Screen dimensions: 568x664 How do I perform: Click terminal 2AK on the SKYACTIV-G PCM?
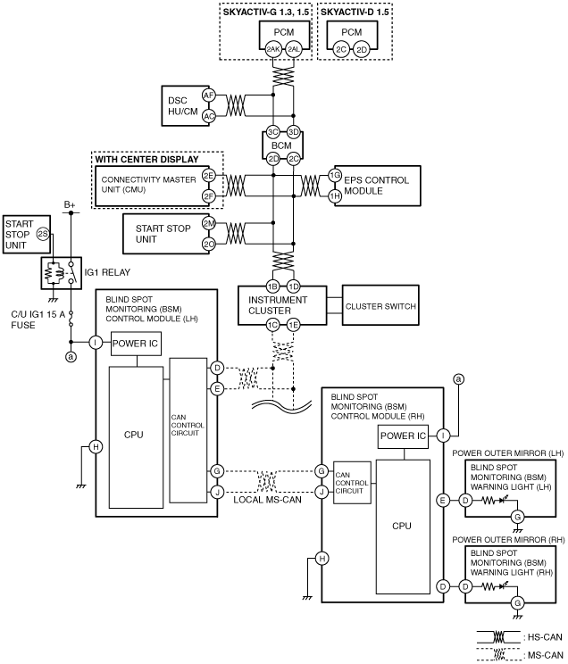273,50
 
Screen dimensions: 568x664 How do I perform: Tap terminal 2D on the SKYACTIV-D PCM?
362,50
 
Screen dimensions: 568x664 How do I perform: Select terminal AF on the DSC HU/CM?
208,95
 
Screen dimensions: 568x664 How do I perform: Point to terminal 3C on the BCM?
273,132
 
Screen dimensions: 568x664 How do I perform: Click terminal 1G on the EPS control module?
335,175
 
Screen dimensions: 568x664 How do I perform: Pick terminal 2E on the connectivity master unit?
209,175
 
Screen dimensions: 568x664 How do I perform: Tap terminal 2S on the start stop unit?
43,233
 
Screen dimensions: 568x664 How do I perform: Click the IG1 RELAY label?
107,272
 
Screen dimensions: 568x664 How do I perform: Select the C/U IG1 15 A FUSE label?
38,320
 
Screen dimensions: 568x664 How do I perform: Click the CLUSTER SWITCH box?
380,305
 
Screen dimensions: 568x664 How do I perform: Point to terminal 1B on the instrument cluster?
273,286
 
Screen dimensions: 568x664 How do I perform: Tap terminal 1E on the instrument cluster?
293,325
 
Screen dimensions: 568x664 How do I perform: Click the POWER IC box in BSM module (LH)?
136,344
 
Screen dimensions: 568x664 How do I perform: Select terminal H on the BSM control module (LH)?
96,446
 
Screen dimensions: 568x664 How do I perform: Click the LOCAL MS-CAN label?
267,500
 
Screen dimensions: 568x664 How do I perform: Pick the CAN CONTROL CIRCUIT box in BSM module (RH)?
352,482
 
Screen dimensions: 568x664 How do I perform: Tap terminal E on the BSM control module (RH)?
443,501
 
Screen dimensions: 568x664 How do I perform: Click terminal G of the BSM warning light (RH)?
517,602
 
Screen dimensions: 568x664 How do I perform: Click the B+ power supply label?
70,205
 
